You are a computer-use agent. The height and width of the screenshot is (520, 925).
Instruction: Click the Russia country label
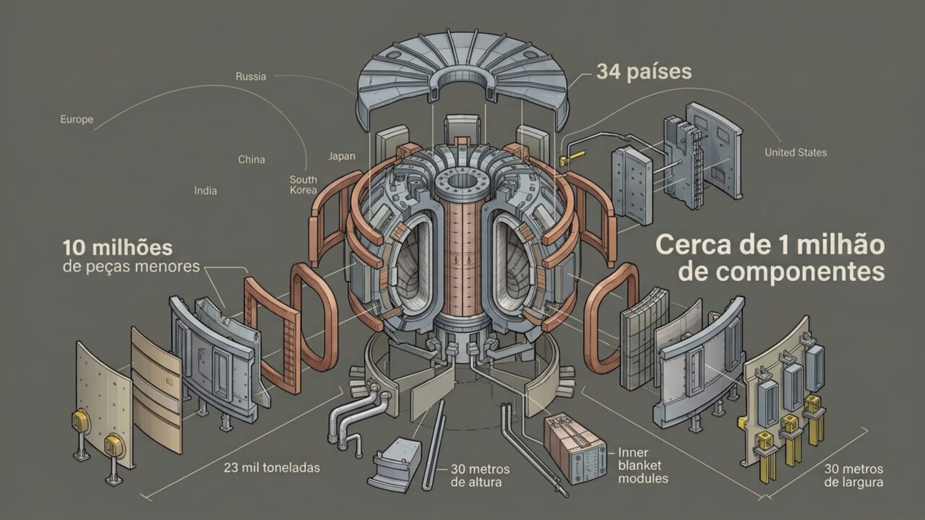click(251, 77)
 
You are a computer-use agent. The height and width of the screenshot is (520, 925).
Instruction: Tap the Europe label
click(77, 119)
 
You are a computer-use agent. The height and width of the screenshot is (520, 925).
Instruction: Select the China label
click(251, 160)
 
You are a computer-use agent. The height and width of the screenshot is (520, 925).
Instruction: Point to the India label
click(206, 191)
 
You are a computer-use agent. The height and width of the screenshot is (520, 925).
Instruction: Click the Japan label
click(342, 156)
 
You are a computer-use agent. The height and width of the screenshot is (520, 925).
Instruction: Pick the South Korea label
click(304, 185)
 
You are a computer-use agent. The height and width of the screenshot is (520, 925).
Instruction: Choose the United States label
click(796, 152)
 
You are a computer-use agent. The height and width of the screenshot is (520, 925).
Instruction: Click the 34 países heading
click(644, 71)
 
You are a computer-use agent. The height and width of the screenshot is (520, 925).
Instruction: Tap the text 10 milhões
click(118, 248)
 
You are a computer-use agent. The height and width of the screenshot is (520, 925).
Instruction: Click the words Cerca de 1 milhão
click(770, 245)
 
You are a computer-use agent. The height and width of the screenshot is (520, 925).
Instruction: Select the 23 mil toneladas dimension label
click(272, 467)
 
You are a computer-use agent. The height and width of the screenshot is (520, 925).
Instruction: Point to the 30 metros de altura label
click(480, 475)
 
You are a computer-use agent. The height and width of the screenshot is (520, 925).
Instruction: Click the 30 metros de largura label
click(853, 475)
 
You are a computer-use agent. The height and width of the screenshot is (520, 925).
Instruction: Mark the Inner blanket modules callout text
click(643, 466)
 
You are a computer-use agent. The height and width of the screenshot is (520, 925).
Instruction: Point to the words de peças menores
click(132, 267)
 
